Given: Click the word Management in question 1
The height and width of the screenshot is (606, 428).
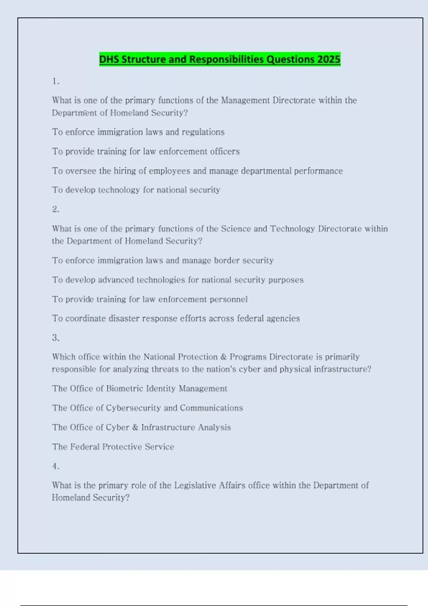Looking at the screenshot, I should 245,100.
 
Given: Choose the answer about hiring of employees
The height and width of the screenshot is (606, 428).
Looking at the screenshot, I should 197,171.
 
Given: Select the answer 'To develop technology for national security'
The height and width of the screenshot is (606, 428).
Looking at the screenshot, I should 136,190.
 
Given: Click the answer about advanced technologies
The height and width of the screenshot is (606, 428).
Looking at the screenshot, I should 178,280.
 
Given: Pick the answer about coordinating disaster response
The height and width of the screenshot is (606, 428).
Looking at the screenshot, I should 176,318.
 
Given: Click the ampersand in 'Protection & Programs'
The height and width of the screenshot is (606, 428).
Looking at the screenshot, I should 224,357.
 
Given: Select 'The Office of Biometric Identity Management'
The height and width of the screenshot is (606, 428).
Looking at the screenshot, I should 139,388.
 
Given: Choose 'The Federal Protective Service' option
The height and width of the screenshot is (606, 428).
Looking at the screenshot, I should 113,447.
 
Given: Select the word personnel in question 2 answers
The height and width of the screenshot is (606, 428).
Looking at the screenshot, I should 229,299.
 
